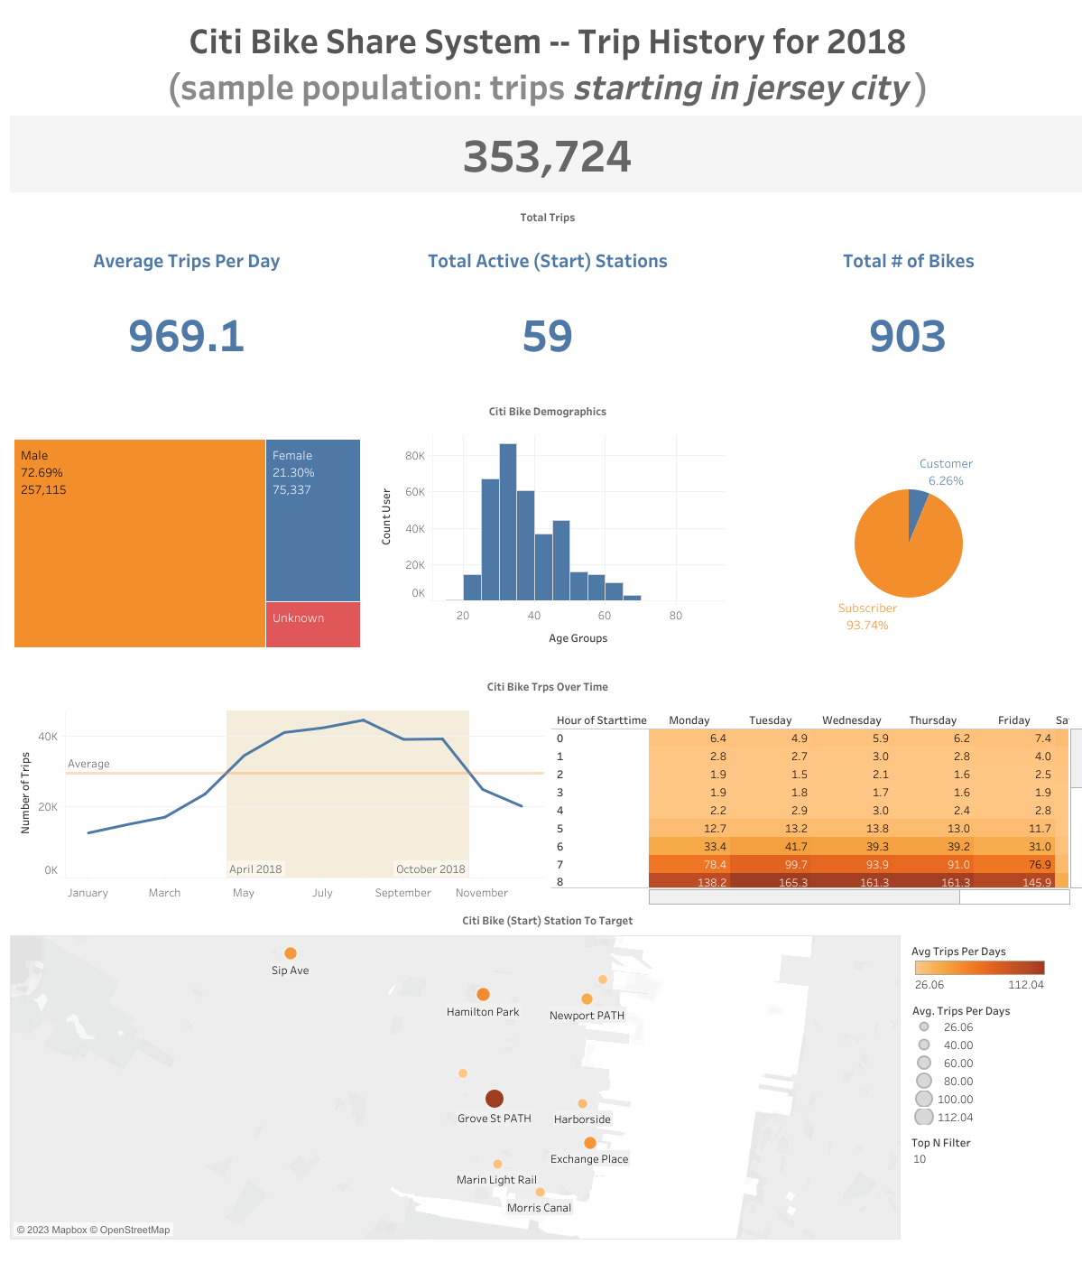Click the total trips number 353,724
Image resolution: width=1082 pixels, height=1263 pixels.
click(x=547, y=157)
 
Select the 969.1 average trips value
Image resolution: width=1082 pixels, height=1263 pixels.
click(x=186, y=336)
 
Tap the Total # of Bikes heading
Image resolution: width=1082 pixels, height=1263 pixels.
click(x=908, y=261)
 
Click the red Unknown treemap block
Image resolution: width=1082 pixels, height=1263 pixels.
click(x=312, y=625)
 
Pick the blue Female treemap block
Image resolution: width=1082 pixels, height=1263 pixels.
click(x=312, y=520)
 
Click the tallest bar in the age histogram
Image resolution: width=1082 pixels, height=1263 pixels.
click(x=507, y=522)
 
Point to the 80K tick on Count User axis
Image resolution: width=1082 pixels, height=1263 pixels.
click(x=415, y=456)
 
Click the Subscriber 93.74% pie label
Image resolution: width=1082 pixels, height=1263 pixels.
click(x=867, y=617)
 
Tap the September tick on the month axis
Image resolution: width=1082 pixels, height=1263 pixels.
click(x=402, y=893)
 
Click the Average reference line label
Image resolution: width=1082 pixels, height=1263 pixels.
click(x=88, y=764)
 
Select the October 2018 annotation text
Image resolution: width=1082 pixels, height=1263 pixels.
click(x=430, y=869)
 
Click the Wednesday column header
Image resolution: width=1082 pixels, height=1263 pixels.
click(x=851, y=720)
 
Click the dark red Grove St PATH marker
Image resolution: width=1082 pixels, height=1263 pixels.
click(x=494, y=1099)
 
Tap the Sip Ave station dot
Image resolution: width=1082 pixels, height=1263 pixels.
click(x=291, y=953)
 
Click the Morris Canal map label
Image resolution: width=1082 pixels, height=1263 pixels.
click(x=539, y=1208)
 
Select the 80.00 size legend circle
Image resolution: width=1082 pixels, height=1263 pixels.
click(x=924, y=1081)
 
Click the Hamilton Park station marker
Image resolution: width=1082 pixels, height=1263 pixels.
click(x=483, y=995)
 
